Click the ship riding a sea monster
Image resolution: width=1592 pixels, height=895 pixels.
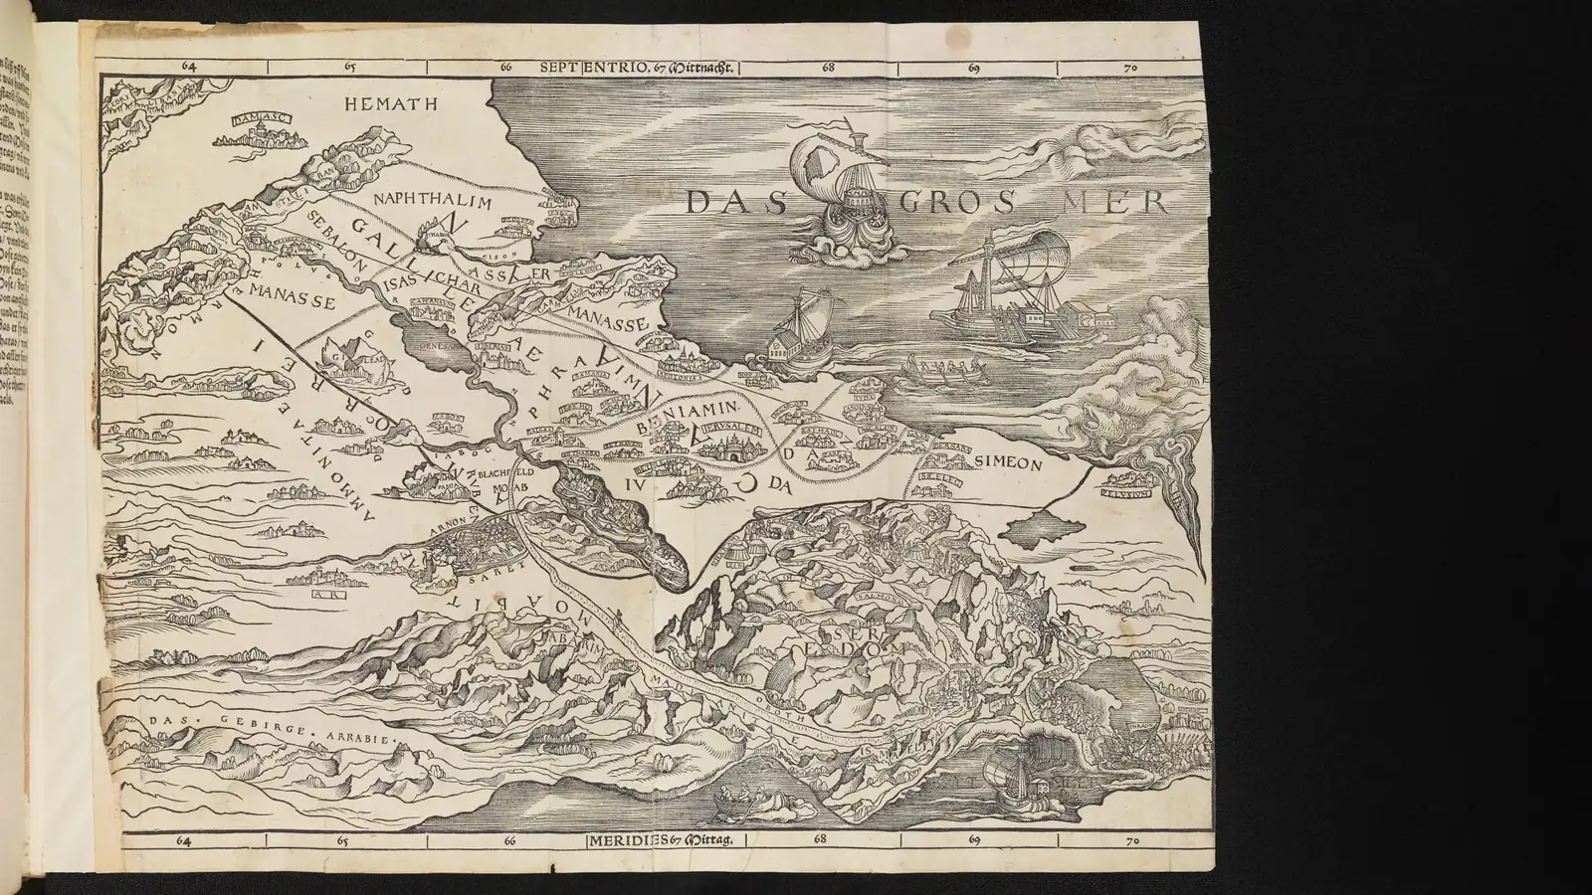coord(848,199)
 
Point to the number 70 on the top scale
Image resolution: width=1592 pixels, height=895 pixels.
coord(1129,69)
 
